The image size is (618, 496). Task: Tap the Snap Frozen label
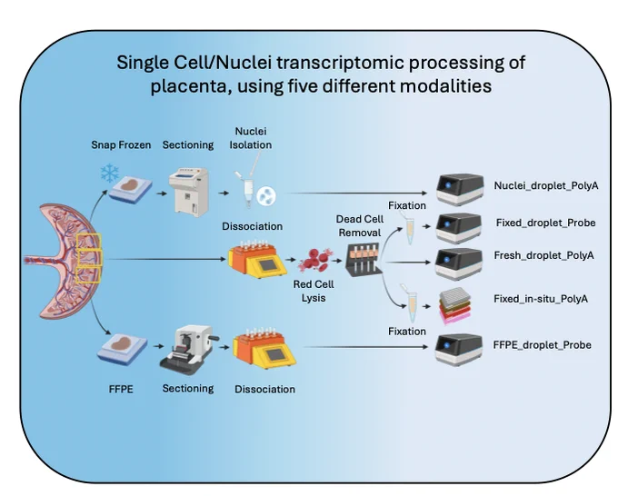point(121,145)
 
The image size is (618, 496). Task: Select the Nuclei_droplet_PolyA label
point(546,185)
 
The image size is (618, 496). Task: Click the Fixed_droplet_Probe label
point(545,223)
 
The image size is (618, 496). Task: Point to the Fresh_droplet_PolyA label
point(543,255)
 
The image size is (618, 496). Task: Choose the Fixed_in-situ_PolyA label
point(541,299)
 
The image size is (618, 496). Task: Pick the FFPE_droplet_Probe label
point(543,345)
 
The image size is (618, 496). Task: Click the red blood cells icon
point(315,261)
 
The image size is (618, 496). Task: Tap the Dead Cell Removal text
point(360,225)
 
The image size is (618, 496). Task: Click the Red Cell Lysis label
point(314,291)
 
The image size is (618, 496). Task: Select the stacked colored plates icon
point(454,306)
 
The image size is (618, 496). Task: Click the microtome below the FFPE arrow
point(188,347)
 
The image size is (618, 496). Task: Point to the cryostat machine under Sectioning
point(188,193)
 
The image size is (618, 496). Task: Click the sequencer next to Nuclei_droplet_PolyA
point(460,190)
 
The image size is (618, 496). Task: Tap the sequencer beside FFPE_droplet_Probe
point(459,350)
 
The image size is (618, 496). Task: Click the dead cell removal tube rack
point(364,259)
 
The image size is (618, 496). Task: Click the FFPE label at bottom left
point(121,389)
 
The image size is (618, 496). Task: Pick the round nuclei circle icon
point(266,196)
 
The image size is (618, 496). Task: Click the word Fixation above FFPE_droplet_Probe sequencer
point(407,332)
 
